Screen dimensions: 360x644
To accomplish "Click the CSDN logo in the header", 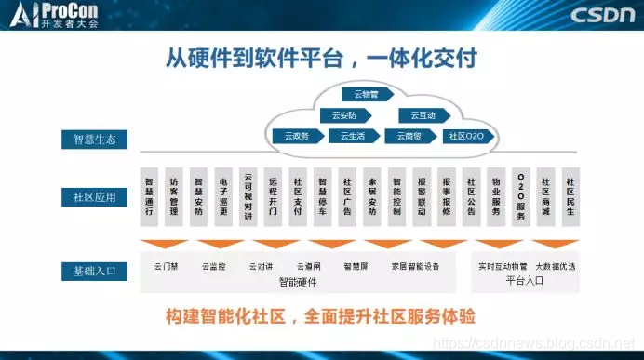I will (603, 15).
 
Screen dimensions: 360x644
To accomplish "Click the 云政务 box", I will (298, 136).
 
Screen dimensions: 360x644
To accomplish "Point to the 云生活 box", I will (353, 136).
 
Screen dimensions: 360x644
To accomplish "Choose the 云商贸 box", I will (409, 136).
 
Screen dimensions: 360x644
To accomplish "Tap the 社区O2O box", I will (466, 136).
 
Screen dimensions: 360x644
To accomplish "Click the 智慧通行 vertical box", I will (149, 197).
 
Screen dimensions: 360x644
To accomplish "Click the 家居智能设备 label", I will (414, 266).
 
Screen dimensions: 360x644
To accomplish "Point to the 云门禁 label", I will (166, 266).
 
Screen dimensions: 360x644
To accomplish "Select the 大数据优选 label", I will (556, 266).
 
